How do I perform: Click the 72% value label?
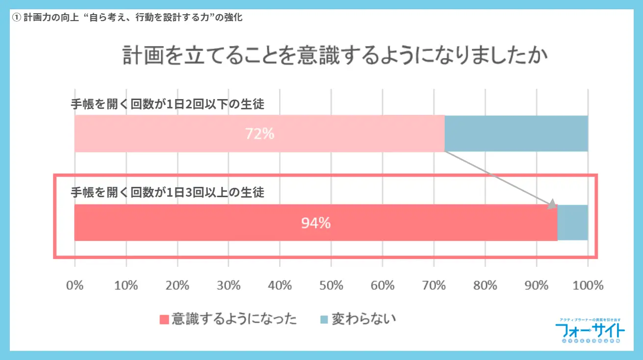260,133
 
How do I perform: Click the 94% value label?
316,223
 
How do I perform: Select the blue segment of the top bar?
516,133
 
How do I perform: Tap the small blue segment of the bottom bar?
573,223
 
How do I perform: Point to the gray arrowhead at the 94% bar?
552,204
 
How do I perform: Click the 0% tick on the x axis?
75,285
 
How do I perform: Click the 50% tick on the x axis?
331,285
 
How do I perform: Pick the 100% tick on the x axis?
588,285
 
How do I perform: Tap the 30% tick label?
229,285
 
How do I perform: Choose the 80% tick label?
485,285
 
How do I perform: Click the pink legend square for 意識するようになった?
164,320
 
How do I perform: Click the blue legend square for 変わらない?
324,320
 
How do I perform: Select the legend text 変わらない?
363,319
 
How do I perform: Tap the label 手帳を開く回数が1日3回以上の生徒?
167,192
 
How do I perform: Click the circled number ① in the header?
17,18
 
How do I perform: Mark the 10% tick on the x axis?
126,285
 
